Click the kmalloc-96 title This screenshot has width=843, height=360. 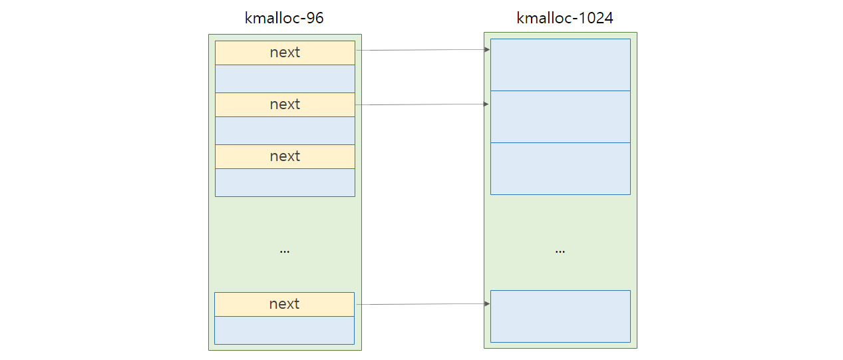tap(284, 18)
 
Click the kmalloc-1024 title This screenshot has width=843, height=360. tap(564, 18)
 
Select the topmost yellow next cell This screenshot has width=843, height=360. tap(285, 53)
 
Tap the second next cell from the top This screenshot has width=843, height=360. tap(285, 104)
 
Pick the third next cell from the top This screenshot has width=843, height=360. tap(285, 156)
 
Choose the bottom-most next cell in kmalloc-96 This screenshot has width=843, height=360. tap(284, 304)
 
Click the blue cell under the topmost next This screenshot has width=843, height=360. tap(285, 79)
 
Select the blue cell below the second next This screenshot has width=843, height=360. tap(285, 130)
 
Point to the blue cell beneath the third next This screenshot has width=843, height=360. tap(285, 182)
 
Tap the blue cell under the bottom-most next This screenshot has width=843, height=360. tap(284, 330)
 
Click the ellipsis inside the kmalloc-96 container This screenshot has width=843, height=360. tap(285, 252)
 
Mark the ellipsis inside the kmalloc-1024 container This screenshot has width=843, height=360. tap(560, 252)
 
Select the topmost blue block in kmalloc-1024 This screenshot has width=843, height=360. tap(560, 65)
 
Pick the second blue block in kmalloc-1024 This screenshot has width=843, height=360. tap(560, 116)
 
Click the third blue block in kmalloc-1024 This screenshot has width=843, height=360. tap(560, 169)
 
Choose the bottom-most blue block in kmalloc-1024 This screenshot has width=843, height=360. tap(560, 316)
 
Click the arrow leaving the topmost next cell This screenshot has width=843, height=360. tap(423, 50)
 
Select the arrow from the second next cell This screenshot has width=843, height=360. tap(422, 104)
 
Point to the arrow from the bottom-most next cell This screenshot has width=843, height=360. tap(423, 304)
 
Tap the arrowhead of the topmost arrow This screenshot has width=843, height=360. tap(487, 49)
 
